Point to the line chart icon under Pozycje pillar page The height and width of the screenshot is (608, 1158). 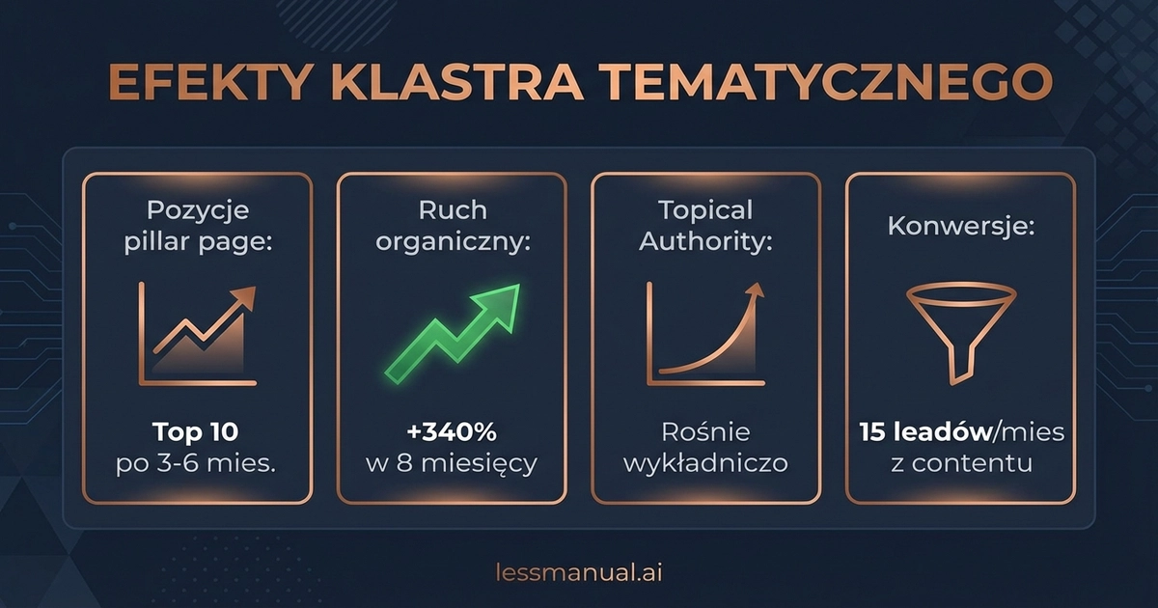tap(199, 334)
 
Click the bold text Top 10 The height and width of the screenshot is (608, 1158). tap(197, 432)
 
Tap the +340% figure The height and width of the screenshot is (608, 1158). tap(451, 432)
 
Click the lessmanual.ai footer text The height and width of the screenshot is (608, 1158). tap(578, 571)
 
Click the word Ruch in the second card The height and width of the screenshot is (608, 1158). tap(452, 210)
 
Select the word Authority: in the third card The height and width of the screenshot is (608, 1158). tap(705, 241)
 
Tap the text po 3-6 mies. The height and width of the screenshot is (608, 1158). tap(197, 463)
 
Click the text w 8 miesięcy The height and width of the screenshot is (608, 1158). tap(451, 463)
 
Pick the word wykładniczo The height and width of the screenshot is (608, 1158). tap(705, 463)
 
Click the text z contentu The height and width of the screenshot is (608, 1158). tap(961, 463)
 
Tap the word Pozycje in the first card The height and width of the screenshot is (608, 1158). tap(197, 210)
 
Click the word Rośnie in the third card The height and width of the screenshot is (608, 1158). tap(705, 432)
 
